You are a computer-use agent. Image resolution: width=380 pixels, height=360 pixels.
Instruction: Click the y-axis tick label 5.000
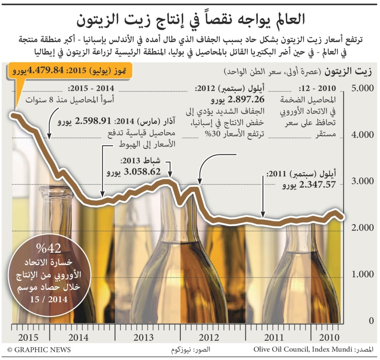coord(362,87)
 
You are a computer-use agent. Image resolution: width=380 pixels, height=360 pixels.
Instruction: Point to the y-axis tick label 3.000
coord(362,181)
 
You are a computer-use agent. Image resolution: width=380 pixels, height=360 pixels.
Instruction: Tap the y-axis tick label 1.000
coord(362,275)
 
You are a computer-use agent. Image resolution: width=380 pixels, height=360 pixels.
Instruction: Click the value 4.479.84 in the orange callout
coord(45,71)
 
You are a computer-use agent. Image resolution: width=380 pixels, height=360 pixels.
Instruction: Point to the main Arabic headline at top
coord(190,18)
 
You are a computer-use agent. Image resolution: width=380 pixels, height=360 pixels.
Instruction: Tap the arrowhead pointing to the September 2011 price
coord(263,215)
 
